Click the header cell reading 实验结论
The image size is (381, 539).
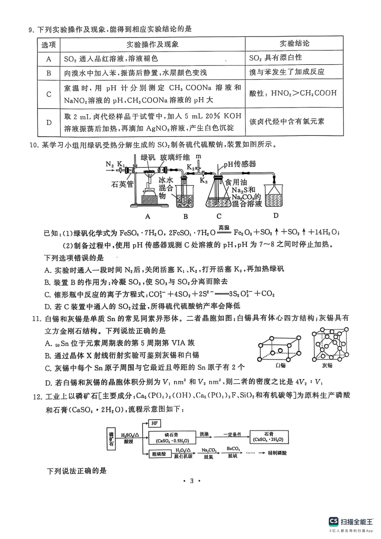click(x=294, y=44)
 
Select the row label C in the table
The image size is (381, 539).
click(x=49, y=94)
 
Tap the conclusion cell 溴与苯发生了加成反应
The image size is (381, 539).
click(x=286, y=72)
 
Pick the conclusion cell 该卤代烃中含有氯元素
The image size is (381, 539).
click(x=286, y=121)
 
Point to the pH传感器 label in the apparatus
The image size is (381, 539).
click(x=239, y=164)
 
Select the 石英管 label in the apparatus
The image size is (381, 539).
click(x=122, y=184)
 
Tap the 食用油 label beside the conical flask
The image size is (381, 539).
click(x=236, y=182)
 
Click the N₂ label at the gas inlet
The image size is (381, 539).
click(x=109, y=164)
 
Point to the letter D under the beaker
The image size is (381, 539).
click(x=276, y=216)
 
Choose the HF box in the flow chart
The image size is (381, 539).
click(x=154, y=423)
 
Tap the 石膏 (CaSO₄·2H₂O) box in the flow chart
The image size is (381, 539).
click(x=268, y=436)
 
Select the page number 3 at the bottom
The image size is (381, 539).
click(x=191, y=481)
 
